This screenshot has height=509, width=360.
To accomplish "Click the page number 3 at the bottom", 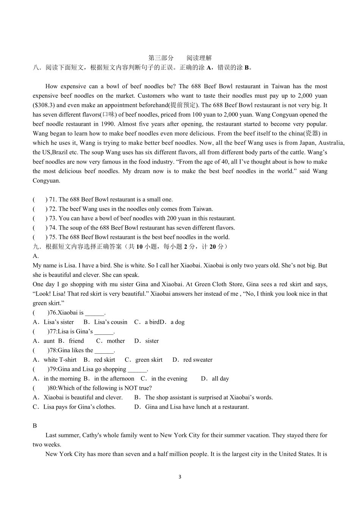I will pos(180,477).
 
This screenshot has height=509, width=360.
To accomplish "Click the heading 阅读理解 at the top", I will pos(199,58).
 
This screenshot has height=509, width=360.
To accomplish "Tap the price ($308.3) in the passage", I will pos(44,105).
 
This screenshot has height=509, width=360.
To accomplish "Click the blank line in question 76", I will pos(94,313).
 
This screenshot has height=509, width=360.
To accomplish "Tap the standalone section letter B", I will pos(35,426).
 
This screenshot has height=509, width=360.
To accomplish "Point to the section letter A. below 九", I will pos(36,256).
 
